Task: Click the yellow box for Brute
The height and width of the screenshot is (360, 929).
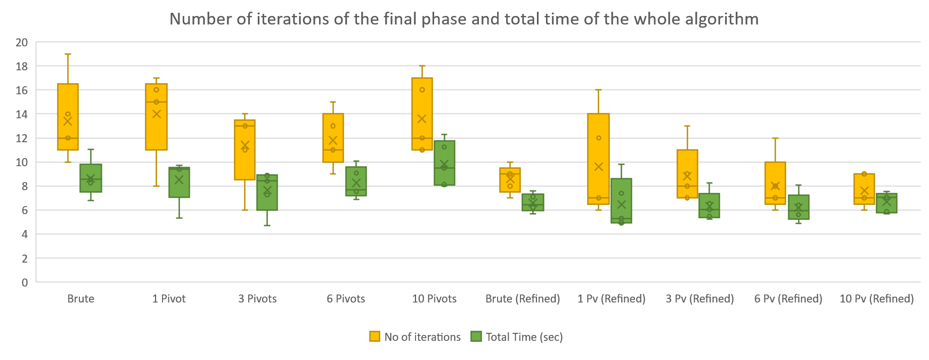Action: click(68, 101)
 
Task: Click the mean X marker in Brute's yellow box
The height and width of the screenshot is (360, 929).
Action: click(68, 121)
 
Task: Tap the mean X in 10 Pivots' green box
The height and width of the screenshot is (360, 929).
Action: click(444, 164)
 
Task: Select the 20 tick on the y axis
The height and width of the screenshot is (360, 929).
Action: click(22, 43)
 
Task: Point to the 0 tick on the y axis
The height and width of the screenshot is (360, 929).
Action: click(25, 283)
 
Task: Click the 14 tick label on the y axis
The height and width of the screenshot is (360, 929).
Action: click(22, 114)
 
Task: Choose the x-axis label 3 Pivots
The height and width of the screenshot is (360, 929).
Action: click(257, 299)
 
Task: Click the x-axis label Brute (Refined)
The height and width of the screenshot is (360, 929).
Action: click(523, 299)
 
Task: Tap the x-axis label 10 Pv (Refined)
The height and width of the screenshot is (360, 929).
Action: click(876, 299)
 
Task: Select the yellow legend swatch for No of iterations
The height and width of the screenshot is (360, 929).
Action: click(374, 337)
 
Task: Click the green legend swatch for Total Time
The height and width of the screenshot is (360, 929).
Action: click(476, 337)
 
